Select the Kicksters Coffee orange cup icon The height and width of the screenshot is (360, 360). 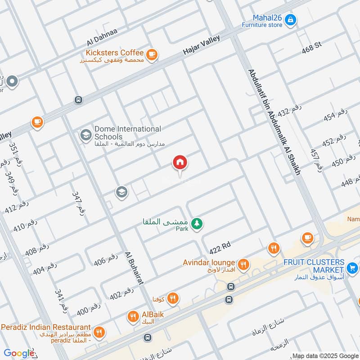click(152, 54)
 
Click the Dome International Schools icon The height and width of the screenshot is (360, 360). click(85, 134)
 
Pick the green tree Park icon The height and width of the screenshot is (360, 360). click(196, 223)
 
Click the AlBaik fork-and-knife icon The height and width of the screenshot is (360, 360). click(132, 317)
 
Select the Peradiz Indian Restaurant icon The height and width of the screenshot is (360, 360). click(100, 333)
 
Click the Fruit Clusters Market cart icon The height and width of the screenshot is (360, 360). click(352, 269)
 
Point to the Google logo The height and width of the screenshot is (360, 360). click(19, 353)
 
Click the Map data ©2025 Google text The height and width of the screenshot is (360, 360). click(325, 355)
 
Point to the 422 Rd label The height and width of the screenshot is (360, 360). click(220, 247)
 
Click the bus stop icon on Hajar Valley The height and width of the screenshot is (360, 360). click(78, 100)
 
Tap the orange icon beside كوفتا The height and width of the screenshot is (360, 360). click(172, 298)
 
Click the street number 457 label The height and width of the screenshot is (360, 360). click(316, 160)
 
